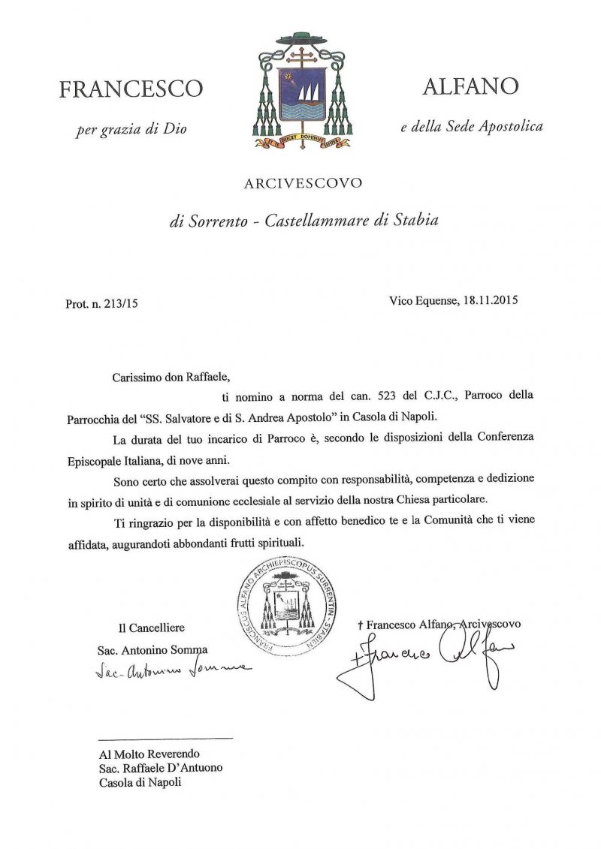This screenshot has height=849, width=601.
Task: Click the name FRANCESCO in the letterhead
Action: pos(131,89)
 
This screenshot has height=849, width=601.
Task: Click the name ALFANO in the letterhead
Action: pos(470,86)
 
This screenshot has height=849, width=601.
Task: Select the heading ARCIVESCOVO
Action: pos(302,183)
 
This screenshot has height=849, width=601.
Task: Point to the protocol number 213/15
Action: pos(122,304)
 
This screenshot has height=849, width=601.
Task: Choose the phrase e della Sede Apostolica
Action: pos(471,127)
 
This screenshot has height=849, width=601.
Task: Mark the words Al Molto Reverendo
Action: pos(149,753)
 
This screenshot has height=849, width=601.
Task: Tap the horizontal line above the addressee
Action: pos(165,739)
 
